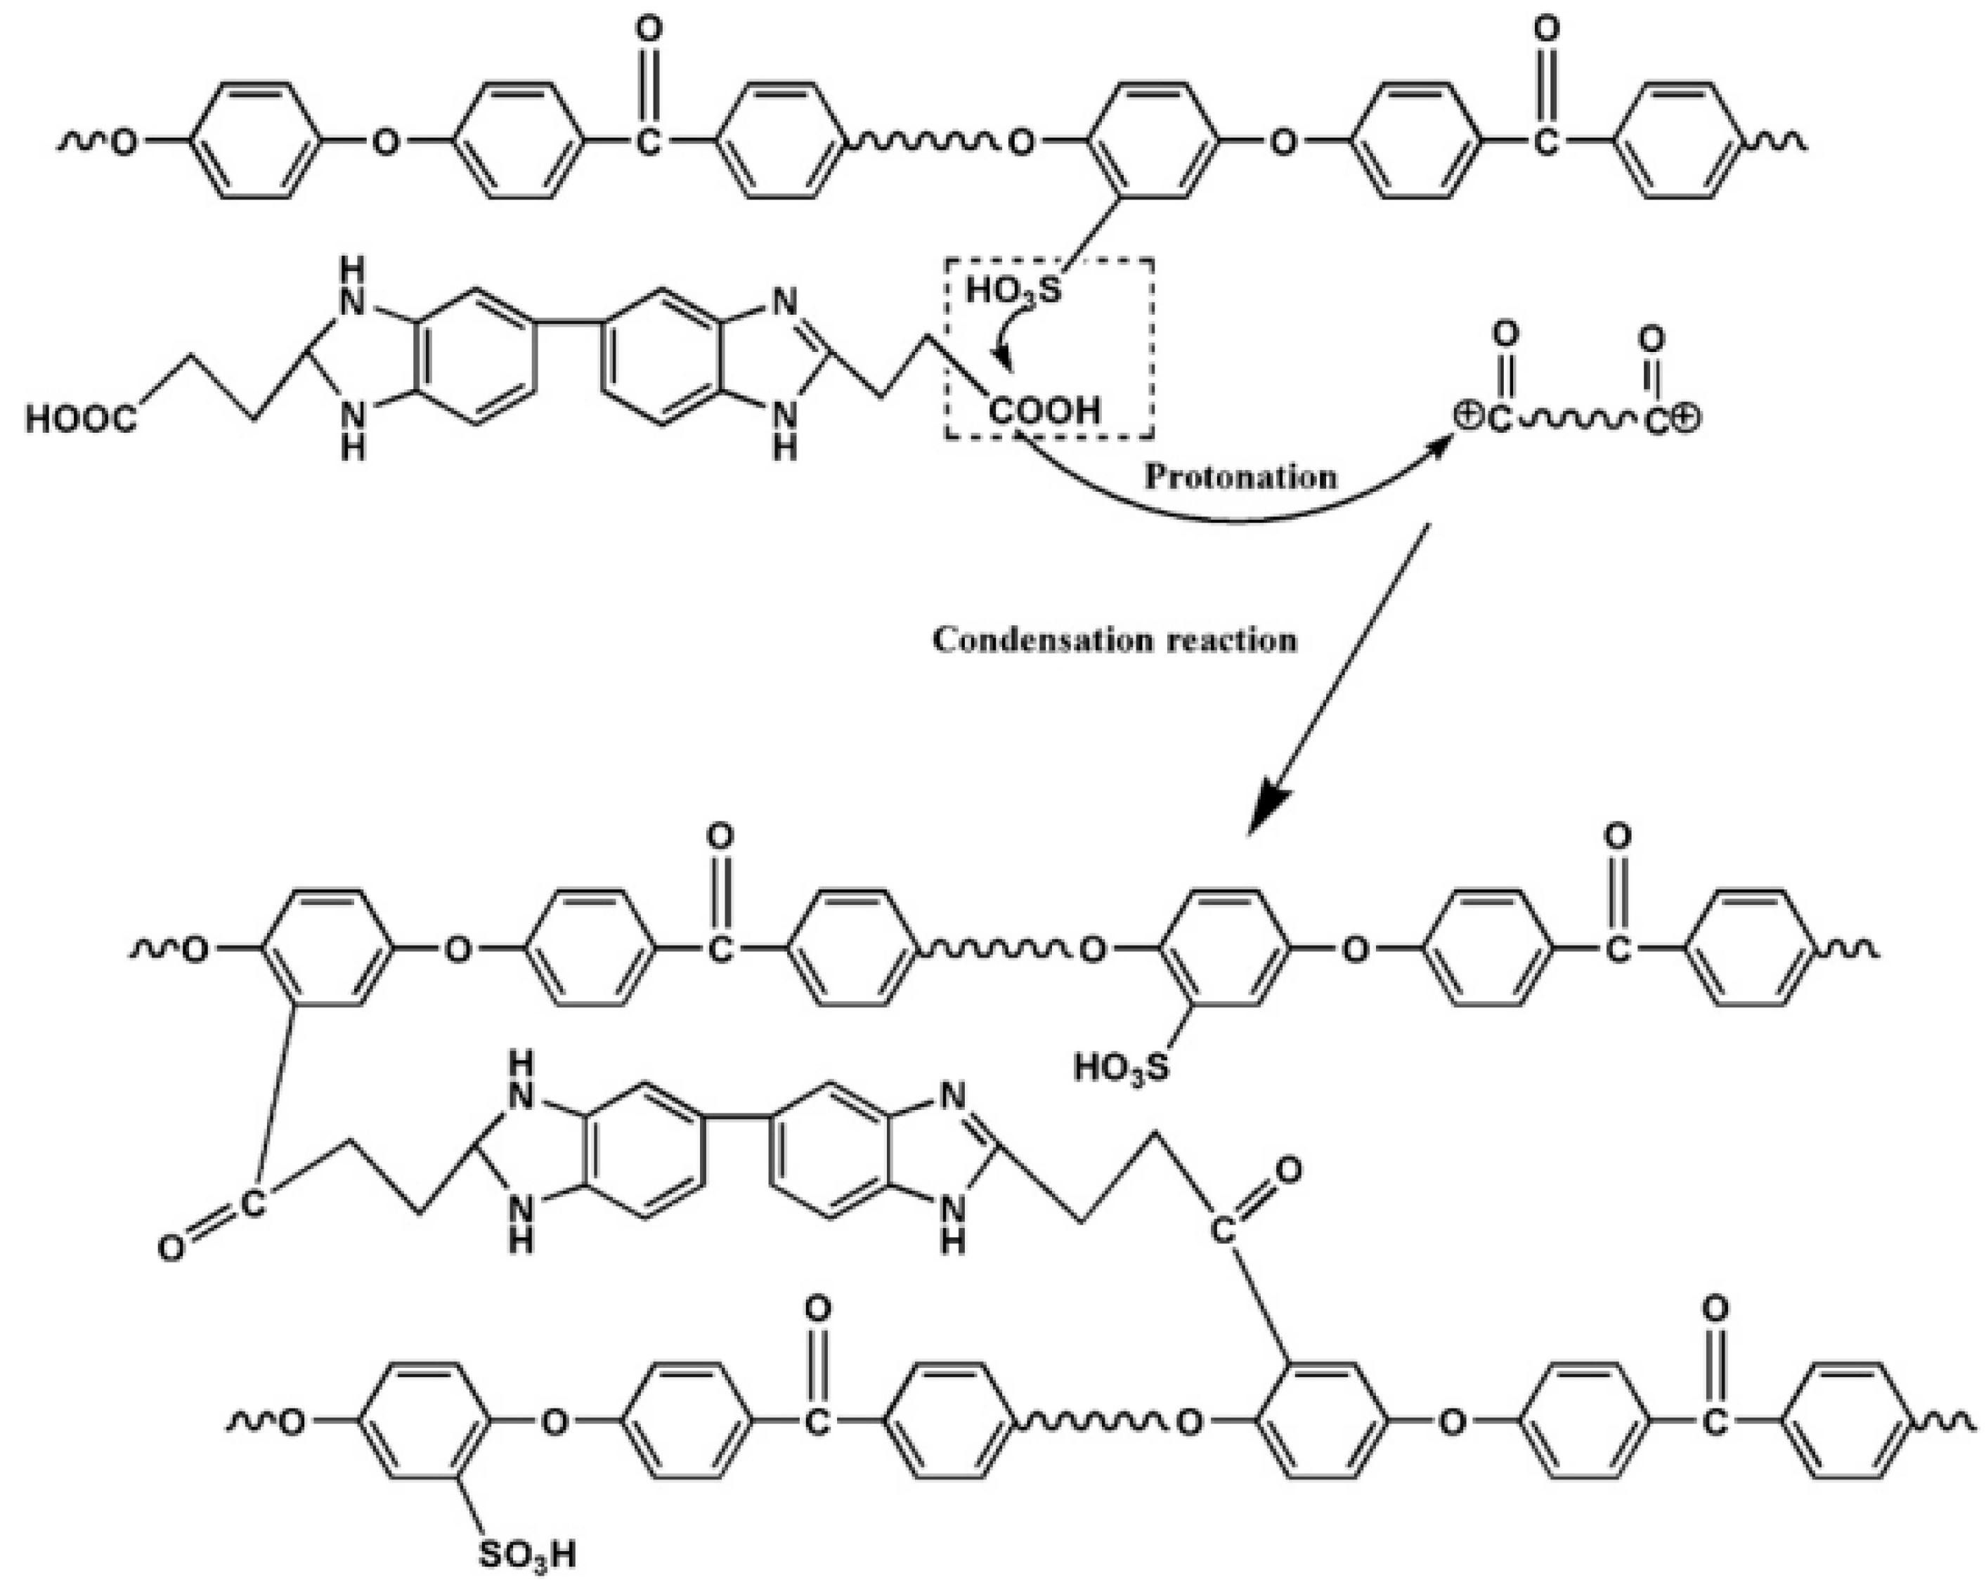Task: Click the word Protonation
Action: click(1240, 477)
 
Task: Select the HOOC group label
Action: click(81, 420)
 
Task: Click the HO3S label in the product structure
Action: click(1121, 1069)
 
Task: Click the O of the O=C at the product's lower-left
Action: click(171, 1249)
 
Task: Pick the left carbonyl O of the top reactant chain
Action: click(649, 30)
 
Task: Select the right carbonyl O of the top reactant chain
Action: click(1547, 30)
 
